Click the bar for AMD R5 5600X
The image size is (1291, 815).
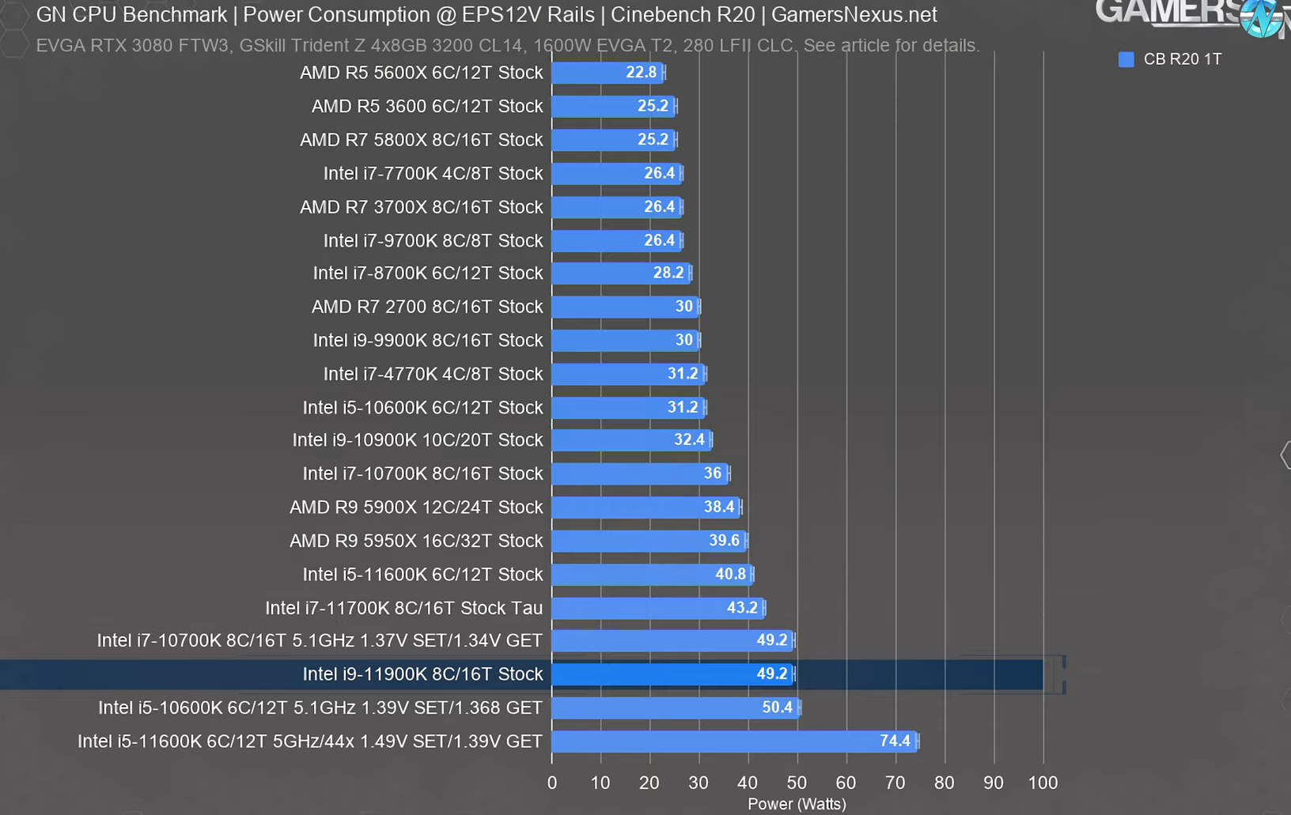tap(607, 73)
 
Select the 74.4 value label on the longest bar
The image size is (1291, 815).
tap(895, 741)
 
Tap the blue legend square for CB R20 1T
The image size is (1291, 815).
tap(1126, 59)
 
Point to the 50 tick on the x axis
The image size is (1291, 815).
tap(797, 783)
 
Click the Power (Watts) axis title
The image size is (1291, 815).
tap(797, 804)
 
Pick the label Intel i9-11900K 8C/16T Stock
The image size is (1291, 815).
tap(422, 674)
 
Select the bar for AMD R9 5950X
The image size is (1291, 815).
tap(649, 541)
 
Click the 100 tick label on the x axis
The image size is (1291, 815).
tap(1043, 783)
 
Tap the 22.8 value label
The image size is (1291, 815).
tap(641, 73)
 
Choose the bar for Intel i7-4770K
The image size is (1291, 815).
tap(628, 374)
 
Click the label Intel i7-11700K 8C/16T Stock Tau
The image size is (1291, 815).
tap(403, 608)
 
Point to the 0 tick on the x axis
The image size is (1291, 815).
tap(552, 783)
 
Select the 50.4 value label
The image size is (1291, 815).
tap(777, 707)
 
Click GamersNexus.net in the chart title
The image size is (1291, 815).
tap(854, 15)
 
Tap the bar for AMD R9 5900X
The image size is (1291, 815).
tap(645, 507)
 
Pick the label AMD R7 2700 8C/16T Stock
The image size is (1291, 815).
tap(427, 307)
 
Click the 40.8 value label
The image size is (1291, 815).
tap(730, 574)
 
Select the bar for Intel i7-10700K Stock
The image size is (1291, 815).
tap(640, 474)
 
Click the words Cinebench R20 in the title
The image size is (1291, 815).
tap(683, 15)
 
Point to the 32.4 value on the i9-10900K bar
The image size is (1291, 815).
tap(689, 440)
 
